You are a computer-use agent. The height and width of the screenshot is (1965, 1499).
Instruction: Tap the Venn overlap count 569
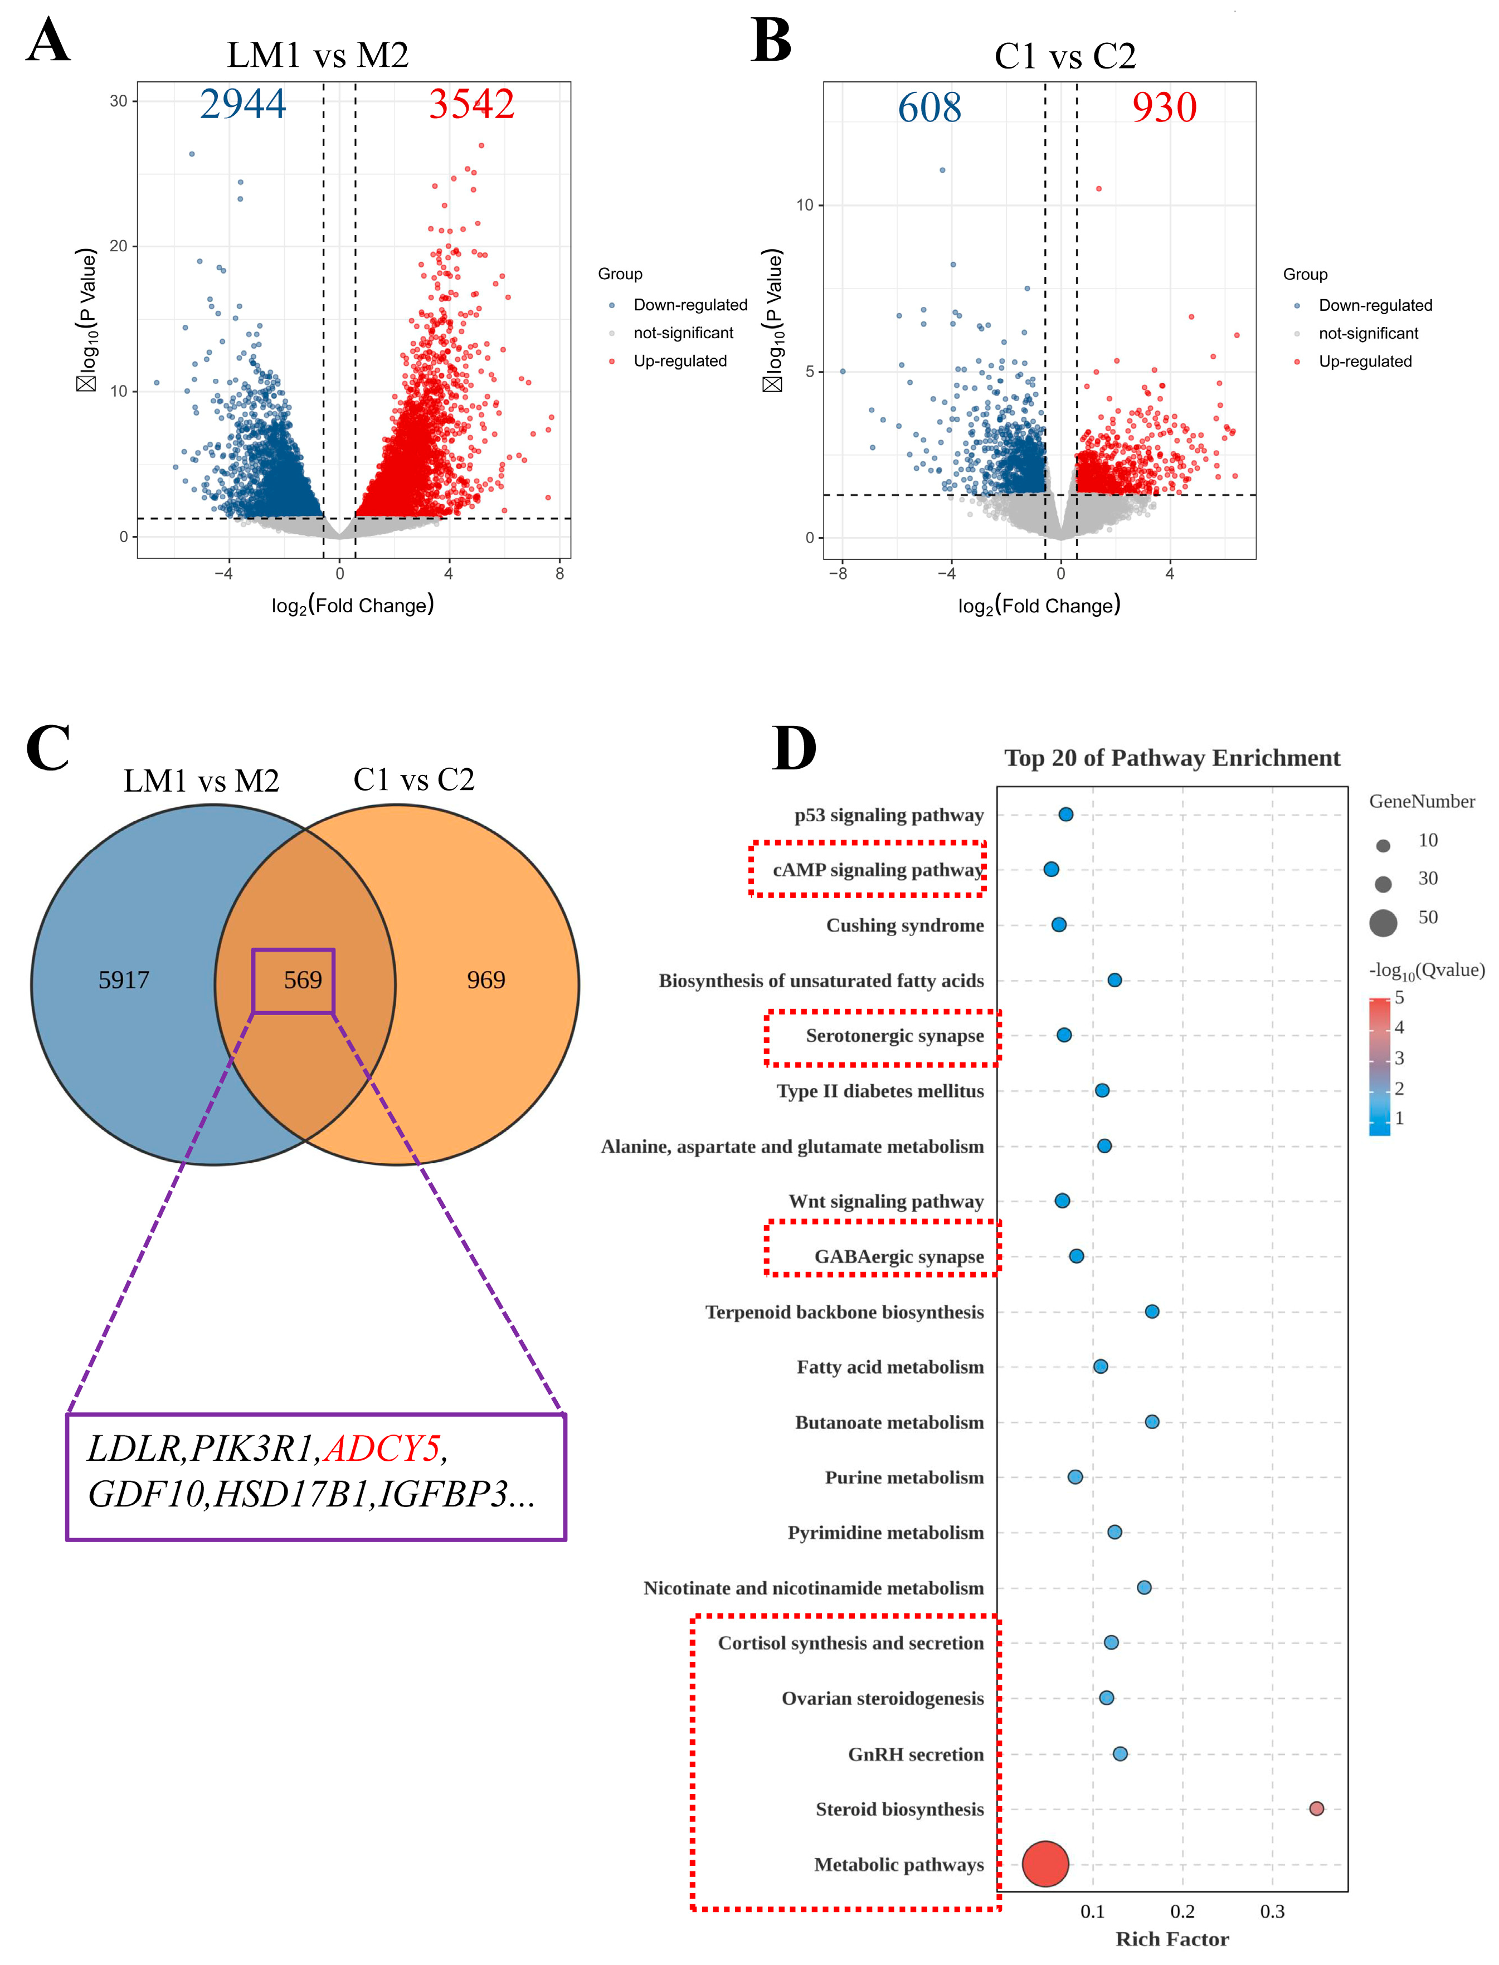point(303,979)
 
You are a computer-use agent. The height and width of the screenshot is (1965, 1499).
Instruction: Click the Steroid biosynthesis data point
point(1316,1808)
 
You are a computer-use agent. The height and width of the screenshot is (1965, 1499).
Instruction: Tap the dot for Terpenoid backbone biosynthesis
point(1152,1311)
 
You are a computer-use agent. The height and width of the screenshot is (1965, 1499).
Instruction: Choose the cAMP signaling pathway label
point(877,870)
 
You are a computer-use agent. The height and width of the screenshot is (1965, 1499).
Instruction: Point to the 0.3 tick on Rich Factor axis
point(1272,1912)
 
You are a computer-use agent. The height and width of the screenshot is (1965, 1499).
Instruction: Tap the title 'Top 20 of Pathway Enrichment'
point(1171,758)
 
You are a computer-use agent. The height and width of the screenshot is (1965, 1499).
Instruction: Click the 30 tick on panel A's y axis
point(119,101)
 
